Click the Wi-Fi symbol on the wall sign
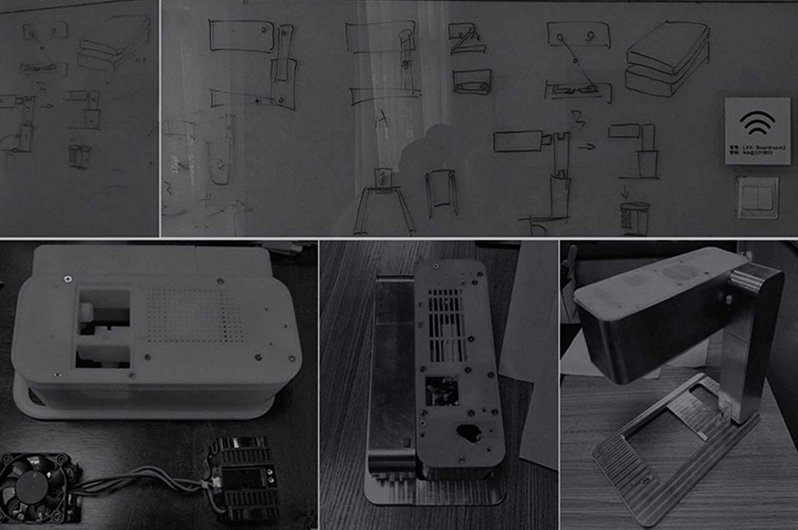click(757, 123)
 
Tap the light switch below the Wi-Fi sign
click(757, 197)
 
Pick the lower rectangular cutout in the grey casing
click(103, 356)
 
